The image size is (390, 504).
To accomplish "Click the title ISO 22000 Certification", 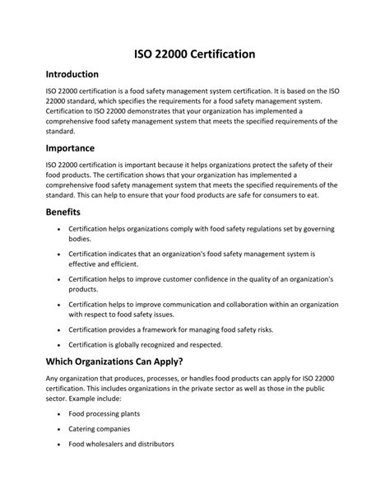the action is coord(195,54).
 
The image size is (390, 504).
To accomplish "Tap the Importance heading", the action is coord(71,148).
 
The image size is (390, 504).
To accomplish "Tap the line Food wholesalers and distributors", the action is coord(121,444).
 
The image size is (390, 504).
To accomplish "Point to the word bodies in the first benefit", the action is coord(81,238).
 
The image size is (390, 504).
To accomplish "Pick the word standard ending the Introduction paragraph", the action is coord(60,131).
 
